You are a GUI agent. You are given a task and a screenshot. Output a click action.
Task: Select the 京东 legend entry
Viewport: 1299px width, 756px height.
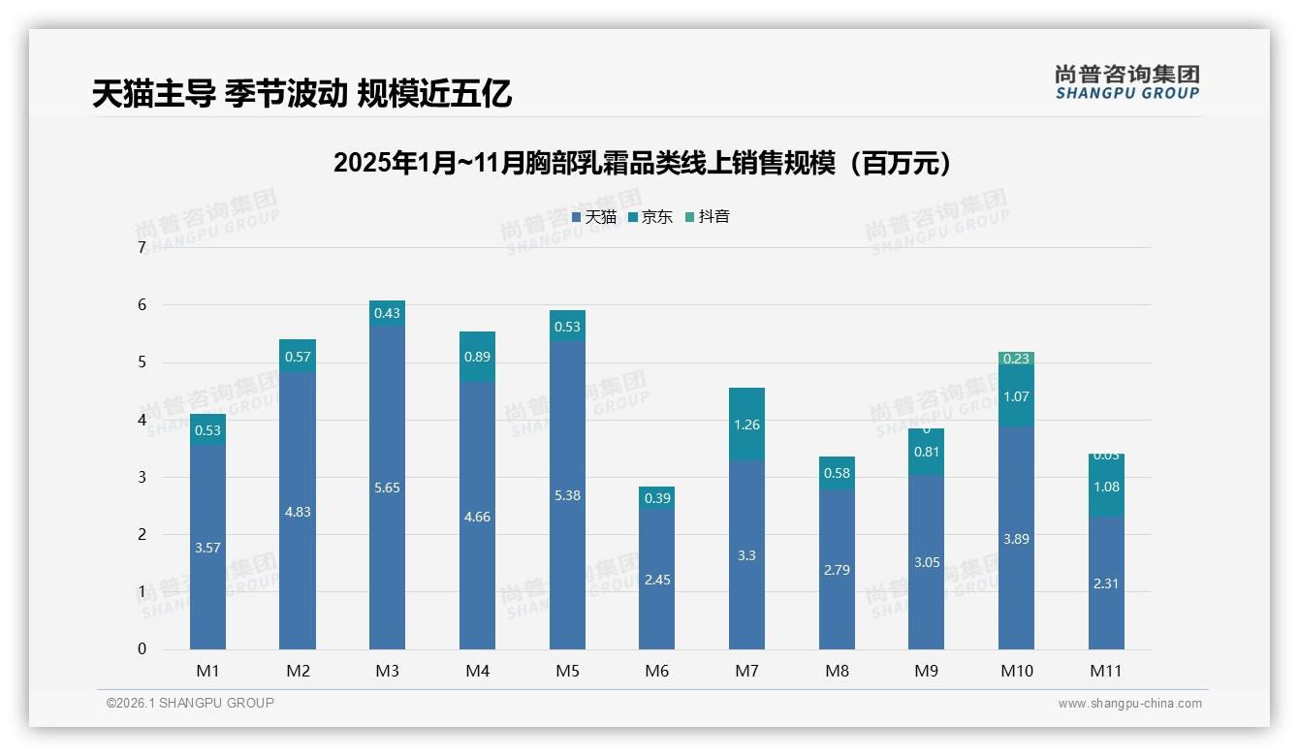(649, 217)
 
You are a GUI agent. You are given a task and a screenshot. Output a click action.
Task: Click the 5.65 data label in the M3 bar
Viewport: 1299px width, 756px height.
(387, 488)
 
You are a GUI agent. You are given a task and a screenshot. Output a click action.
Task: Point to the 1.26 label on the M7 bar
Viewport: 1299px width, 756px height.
(746, 425)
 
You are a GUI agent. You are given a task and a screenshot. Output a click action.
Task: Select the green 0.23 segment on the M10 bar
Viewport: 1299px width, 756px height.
(1016, 359)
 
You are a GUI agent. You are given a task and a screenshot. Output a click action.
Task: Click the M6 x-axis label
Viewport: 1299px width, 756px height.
(656, 671)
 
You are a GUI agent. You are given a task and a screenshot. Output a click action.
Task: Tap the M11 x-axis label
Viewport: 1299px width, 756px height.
(1106, 671)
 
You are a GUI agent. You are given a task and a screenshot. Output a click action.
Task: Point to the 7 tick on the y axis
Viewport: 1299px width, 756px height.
(142, 248)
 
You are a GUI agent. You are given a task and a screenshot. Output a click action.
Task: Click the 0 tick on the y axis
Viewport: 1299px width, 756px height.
(142, 649)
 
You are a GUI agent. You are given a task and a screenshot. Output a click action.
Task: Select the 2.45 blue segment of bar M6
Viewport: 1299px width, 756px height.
(656, 580)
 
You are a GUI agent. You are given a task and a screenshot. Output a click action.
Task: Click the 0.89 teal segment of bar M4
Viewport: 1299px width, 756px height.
(477, 357)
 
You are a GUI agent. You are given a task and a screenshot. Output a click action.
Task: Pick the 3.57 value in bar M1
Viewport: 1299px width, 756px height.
(207, 548)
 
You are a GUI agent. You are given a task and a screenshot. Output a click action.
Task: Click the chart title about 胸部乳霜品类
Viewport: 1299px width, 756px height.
(643, 163)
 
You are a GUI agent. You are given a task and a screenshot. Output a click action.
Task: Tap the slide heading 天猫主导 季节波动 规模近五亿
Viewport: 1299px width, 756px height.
(301, 94)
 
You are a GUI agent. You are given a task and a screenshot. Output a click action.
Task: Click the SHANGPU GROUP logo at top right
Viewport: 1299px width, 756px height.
(1126, 81)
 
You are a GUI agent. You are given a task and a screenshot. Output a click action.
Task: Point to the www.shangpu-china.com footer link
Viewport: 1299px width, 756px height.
(1129, 704)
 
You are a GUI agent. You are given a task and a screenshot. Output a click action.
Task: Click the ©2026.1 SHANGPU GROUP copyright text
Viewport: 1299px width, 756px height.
(190, 703)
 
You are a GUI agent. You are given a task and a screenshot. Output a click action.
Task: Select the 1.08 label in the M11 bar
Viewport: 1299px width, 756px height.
(1106, 487)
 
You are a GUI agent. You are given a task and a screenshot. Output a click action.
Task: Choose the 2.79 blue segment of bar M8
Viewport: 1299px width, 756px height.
(837, 570)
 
